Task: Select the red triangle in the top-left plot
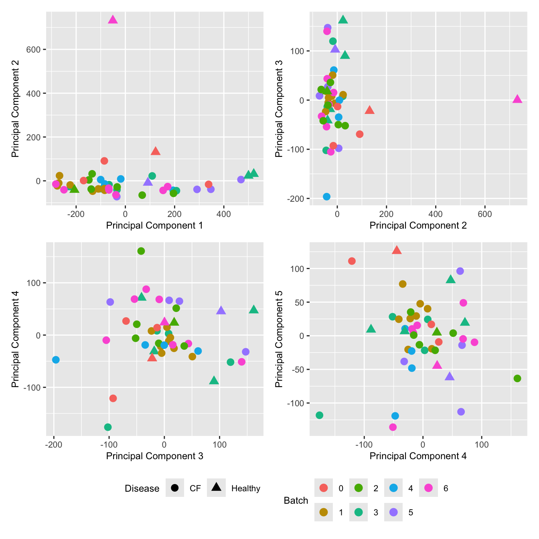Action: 156,151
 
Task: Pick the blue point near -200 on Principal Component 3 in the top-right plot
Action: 326,197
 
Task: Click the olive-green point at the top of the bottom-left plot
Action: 141,251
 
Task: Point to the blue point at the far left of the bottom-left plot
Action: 56,360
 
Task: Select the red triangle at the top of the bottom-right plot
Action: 397,250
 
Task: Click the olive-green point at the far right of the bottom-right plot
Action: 517,379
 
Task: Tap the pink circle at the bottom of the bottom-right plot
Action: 393,427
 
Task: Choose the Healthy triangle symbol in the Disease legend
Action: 217,487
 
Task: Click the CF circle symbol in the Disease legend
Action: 174,488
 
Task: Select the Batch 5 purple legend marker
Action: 393,512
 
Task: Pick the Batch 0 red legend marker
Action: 324,488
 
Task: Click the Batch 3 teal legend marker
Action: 359,512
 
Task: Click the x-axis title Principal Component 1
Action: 154,225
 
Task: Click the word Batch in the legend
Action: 296,500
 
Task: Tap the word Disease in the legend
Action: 142,488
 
